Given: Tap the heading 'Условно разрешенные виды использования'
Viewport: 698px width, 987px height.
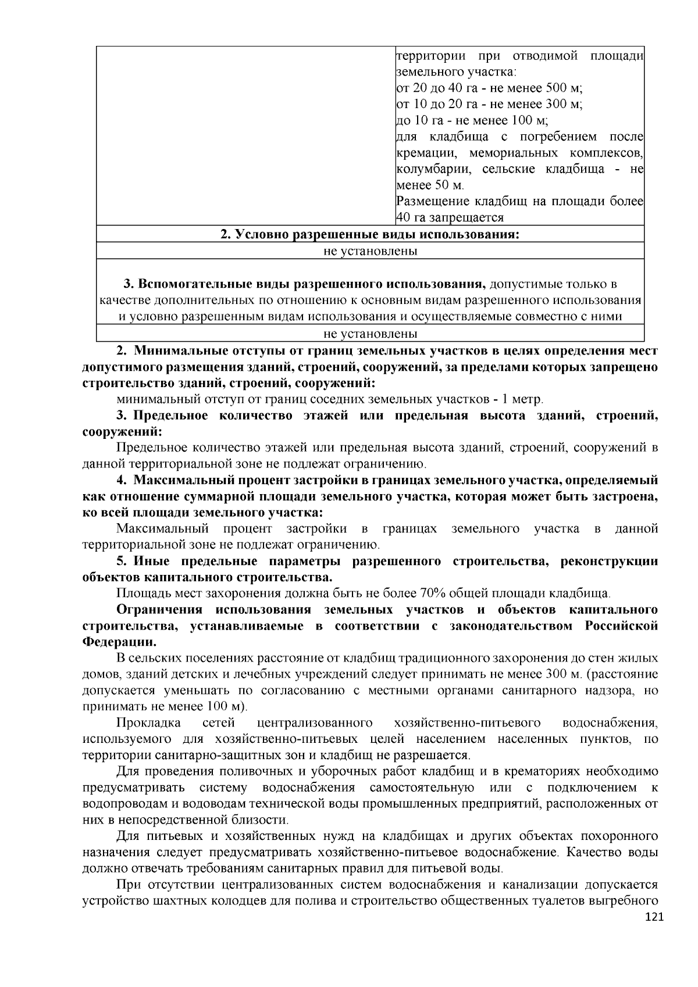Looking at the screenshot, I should click(369, 235).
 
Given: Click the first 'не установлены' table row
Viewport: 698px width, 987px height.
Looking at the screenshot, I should click(370, 251).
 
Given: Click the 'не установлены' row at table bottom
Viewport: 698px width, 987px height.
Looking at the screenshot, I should click(370, 334).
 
